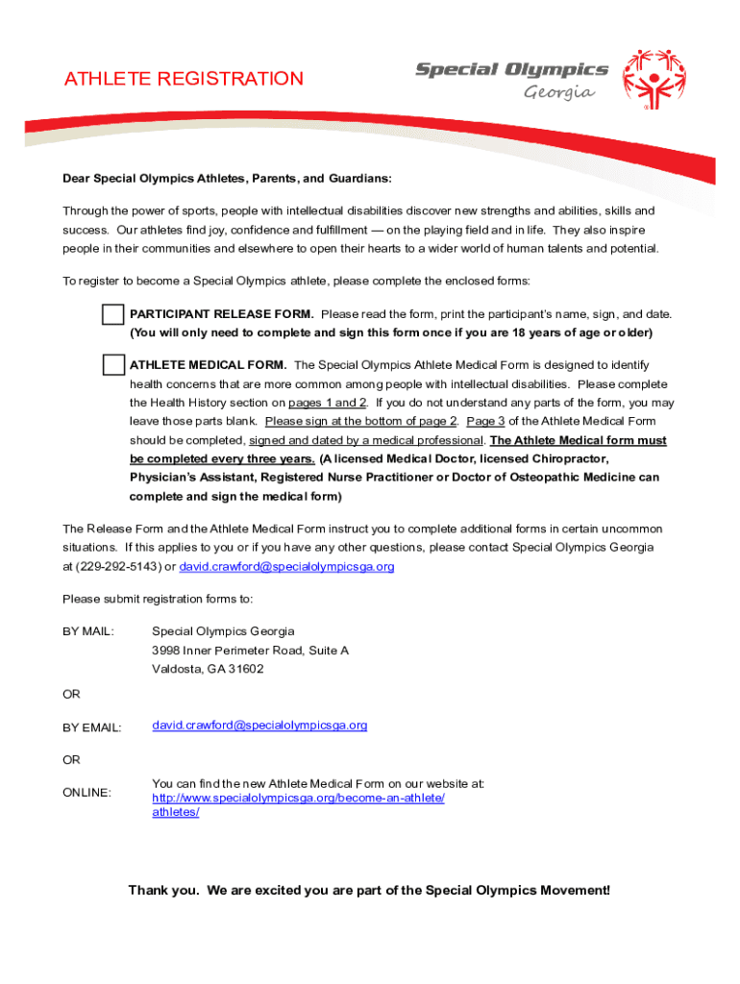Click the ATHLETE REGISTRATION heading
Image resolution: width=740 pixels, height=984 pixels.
pyautogui.click(x=184, y=79)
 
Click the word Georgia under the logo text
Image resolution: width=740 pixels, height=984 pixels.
pyautogui.click(x=559, y=93)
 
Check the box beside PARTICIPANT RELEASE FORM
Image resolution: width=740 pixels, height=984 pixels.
pyautogui.click(x=113, y=315)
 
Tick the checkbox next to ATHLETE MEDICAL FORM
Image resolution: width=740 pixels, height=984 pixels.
pyautogui.click(x=113, y=365)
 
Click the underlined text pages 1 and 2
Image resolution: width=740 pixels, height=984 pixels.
pyautogui.click(x=328, y=403)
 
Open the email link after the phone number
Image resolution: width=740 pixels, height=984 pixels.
pyautogui.click(x=287, y=566)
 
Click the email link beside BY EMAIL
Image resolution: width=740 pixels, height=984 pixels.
pyautogui.click(x=259, y=726)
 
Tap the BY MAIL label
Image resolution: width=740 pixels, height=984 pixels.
pyautogui.click(x=88, y=631)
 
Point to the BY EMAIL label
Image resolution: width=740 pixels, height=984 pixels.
pyautogui.click(x=92, y=727)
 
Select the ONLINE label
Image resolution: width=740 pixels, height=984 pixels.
pyautogui.click(x=87, y=792)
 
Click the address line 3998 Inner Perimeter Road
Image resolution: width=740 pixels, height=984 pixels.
pyautogui.click(x=250, y=651)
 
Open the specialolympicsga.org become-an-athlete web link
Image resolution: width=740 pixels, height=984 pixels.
pyautogui.click(x=299, y=799)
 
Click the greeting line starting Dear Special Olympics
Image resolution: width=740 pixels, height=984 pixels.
pyautogui.click(x=227, y=179)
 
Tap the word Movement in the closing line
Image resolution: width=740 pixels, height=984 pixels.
pyautogui.click(x=575, y=890)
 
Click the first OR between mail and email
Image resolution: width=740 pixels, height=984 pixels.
pyautogui.click(x=72, y=694)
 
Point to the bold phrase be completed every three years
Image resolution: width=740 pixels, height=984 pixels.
pyautogui.click(x=222, y=458)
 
